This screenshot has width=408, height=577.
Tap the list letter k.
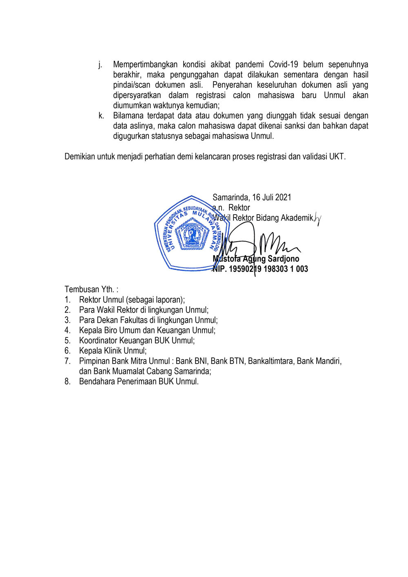click(101, 116)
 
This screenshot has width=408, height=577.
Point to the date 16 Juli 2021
click(272, 198)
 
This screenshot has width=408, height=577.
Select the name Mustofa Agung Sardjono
click(256, 259)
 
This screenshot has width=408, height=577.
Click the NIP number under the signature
click(260, 269)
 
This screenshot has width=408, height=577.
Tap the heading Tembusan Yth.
click(91, 289)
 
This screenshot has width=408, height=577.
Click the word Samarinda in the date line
click(231, 198)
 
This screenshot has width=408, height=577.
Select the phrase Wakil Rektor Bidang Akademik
click(264, 218)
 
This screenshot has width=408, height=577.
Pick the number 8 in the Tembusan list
click(67, 382)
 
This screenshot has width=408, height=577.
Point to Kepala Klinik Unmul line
click(113, 351)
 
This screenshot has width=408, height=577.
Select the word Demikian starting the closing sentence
click(80, 157)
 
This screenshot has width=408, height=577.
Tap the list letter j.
click(100, 64)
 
